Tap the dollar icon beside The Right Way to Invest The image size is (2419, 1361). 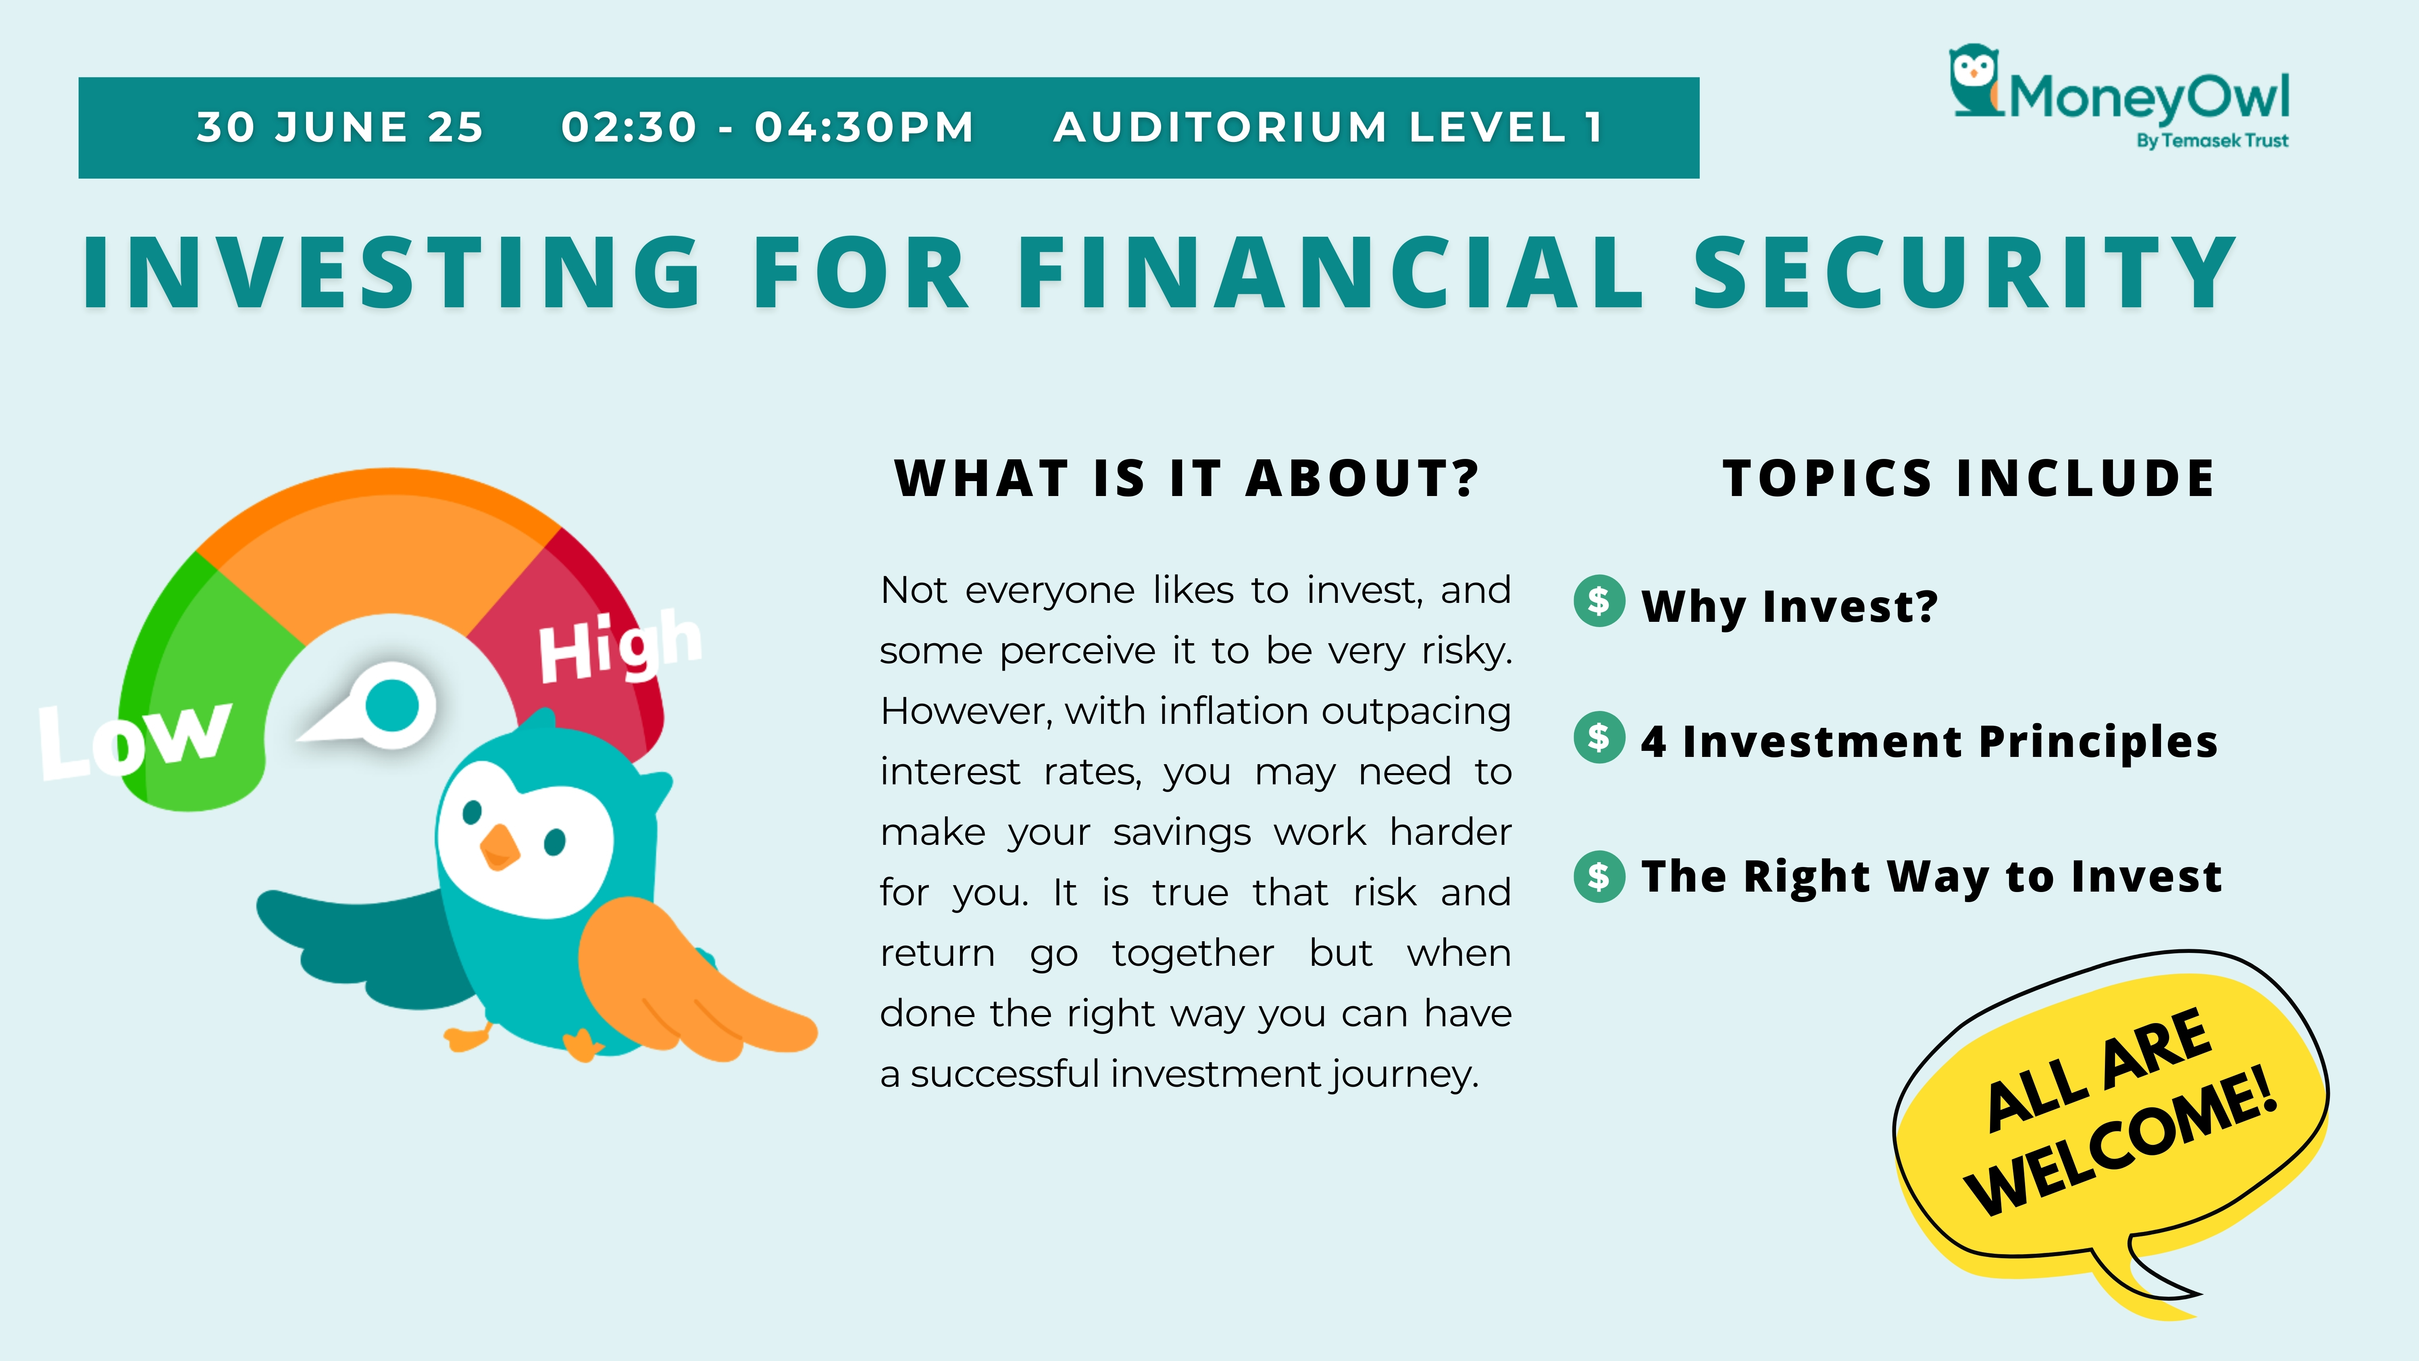[x=1598, y=876]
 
